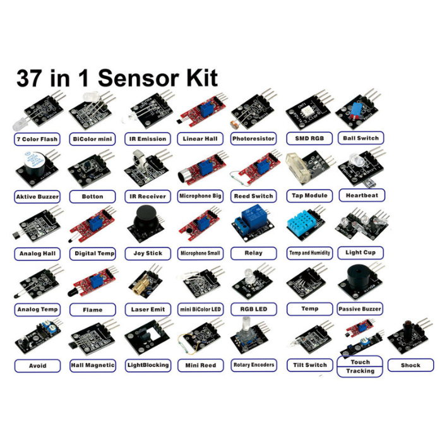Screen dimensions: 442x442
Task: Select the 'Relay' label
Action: point(254,253)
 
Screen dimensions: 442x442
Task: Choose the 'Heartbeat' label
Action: point(362,196)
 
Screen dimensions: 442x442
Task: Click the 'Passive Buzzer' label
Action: point(359,309)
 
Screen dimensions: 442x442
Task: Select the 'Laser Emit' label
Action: point(148,309)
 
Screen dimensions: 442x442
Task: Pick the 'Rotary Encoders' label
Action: point(254,365)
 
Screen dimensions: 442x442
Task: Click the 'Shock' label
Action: point(410,365)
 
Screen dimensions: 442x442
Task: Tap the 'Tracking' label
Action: point(361,371)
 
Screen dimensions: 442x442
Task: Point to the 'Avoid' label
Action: point(38,366)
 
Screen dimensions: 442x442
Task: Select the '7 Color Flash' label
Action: point(37,139)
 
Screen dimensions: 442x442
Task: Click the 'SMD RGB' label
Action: point(309,138)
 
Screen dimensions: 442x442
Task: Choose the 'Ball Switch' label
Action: point(361,138)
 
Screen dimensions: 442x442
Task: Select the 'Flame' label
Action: point(92,310)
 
